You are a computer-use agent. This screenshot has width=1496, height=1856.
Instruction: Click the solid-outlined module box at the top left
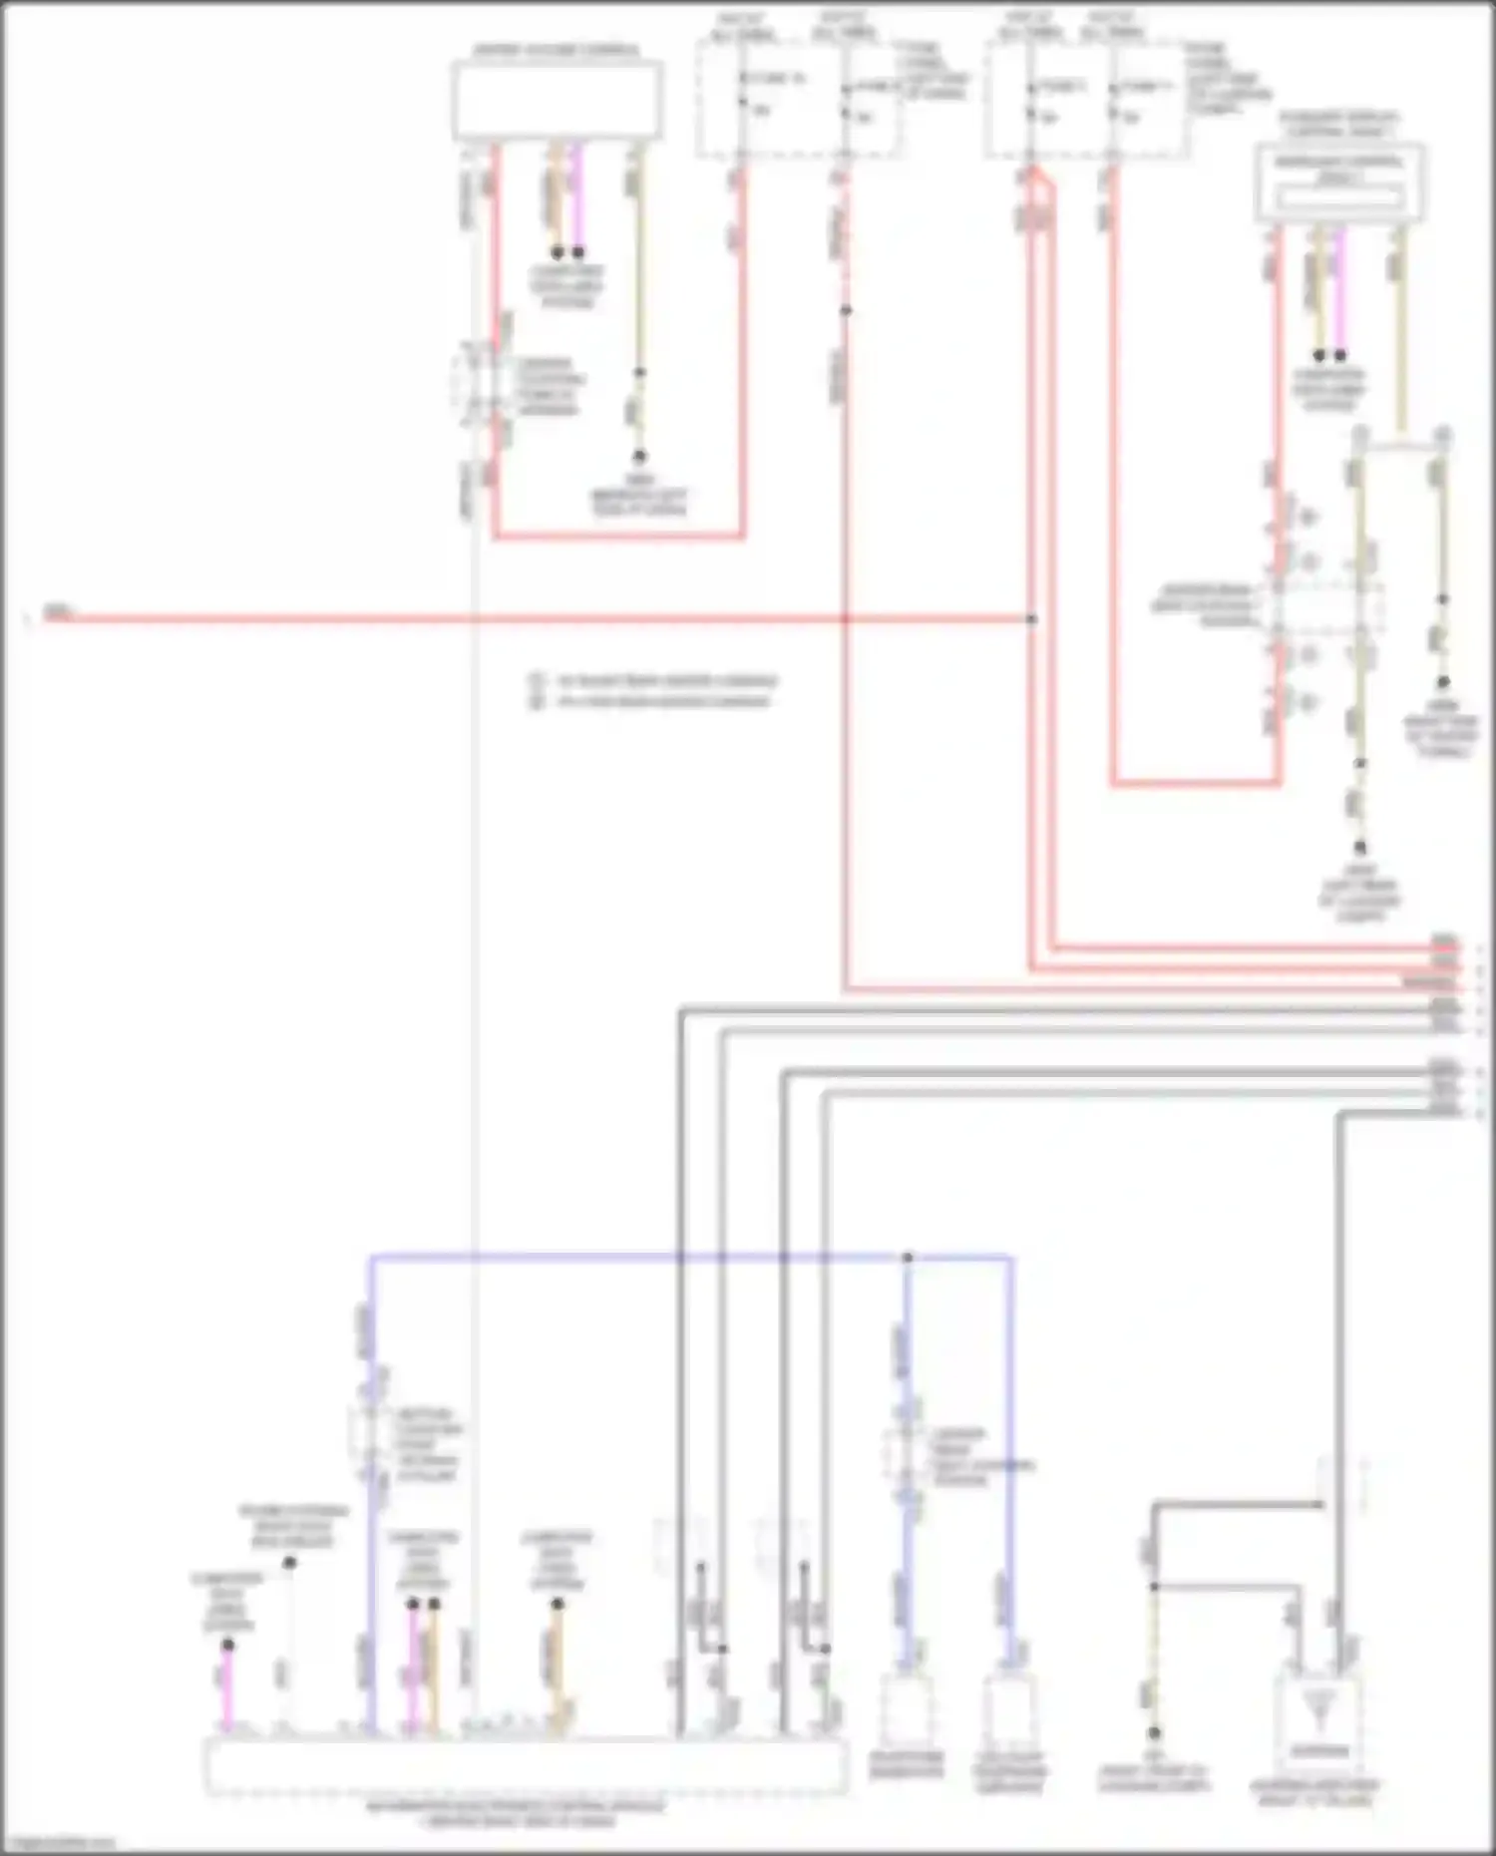[557, 100]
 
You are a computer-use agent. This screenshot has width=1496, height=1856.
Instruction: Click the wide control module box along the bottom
[527, 1765]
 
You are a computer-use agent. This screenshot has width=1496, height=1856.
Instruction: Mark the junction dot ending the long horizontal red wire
[1032, 619]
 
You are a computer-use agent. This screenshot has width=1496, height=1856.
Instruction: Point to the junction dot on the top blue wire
[908, 1258]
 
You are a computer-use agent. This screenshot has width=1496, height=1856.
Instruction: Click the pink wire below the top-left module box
[577, 199]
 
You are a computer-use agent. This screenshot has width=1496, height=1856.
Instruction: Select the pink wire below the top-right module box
[1339, 289]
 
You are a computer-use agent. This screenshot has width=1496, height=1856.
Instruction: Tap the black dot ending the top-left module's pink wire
[577, 253]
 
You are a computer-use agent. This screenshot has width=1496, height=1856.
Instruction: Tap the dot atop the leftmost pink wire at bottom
[227, 1645]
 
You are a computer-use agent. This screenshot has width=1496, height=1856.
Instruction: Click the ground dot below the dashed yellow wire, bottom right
[1154, 1732]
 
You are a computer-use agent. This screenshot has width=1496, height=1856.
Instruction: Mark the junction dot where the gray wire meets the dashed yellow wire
[1154, 1586]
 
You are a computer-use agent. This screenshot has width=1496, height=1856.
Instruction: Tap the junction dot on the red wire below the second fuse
[845, 310]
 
